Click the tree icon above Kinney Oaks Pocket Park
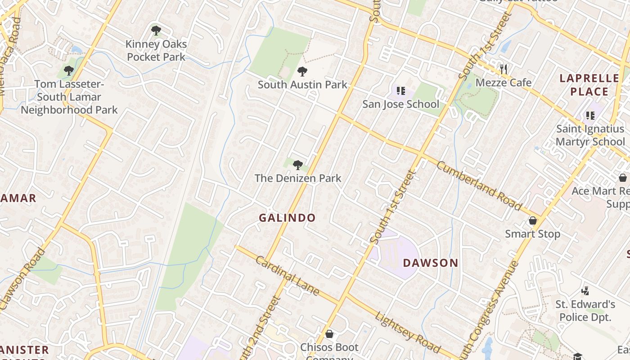click(156, 31)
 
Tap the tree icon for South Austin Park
click(302, 71)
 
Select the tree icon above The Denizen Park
click(297, 165)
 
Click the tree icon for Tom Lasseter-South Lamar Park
click(69, 71)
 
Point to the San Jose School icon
click(400, 91)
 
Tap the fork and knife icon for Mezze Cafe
click(504, 69)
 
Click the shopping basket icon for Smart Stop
click(533, 220)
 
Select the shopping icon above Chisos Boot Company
click(329, 333)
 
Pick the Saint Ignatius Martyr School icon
click(590, 116)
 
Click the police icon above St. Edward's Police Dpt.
click(585, 290)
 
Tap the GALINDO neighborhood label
click(287, 218)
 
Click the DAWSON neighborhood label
click(430, 263)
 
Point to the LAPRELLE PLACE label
click(589, 85)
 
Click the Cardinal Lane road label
click(287, 275)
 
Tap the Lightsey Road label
click(408, 332)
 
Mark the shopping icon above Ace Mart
click(623, 178)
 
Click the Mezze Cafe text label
click(503, 83)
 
